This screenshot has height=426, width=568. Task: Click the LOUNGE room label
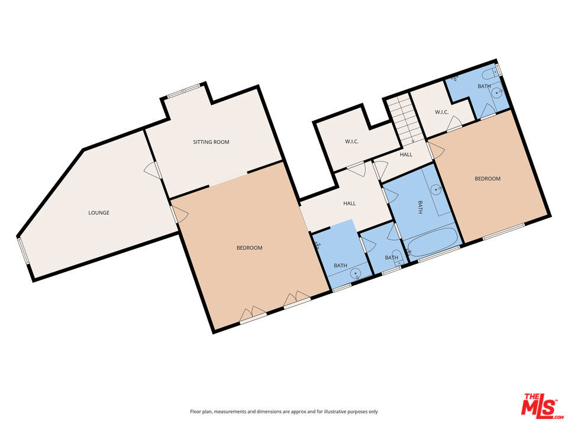coord(99,212)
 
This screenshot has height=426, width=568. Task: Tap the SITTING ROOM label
coord(211,142)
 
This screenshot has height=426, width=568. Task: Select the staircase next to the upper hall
coord(405,118)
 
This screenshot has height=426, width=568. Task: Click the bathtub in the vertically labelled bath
coord(431,241)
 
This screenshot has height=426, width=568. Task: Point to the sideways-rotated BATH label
coord(420,207)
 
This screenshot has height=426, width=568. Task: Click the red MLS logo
coord(542,406)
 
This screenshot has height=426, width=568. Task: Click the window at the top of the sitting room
coord(183,91)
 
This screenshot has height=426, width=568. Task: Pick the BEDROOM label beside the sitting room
coord(250,248)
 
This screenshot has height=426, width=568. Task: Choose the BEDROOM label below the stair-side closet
coord(488,179)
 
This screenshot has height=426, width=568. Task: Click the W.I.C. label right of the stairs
coord(442,112)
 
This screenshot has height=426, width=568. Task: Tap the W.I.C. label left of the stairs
coord(351,141)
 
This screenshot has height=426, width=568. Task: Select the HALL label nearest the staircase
coord(406,154)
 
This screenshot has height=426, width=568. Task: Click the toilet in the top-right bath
coord(489,73)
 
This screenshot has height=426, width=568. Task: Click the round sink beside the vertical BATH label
coord(437,188)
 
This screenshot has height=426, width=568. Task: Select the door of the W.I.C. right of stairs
coord(454,124)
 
